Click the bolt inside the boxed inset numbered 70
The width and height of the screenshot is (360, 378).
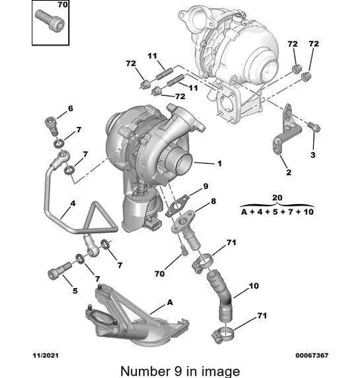click(49, 19)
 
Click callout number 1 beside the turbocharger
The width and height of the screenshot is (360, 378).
click(219, 163)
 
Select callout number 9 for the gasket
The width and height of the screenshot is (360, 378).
click(206, 187)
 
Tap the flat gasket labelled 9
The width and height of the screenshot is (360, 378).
click(179, 206)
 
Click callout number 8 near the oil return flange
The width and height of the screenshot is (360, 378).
click(213, 201)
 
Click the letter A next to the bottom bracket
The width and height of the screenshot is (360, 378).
click(170, 302)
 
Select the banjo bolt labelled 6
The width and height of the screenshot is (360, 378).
click(51, 125)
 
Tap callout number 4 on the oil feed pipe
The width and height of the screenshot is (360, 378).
click(73, 203)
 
